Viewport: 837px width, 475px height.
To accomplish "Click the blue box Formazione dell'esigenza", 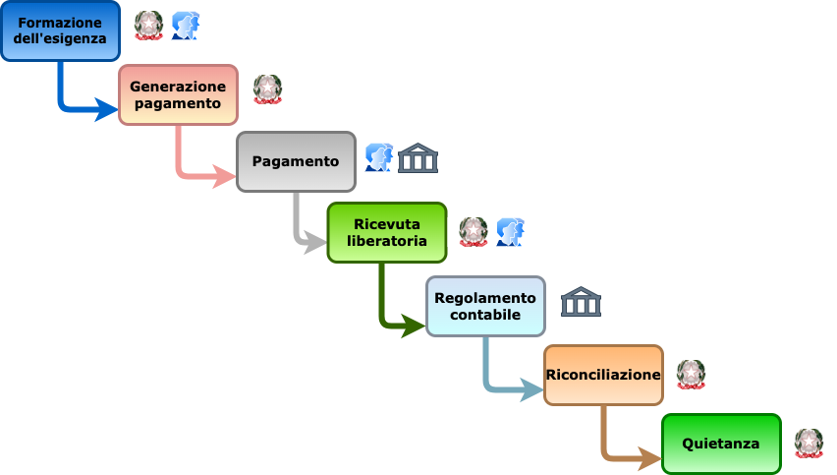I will pos(60,30).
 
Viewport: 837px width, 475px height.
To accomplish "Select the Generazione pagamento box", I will pos(178,94).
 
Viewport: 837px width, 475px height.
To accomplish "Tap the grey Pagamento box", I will pos(296,161).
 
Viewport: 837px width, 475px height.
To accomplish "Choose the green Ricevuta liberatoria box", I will pos(386,232).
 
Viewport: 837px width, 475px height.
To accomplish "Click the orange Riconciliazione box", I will pos(603,375).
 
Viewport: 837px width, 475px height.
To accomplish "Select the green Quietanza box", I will pos(721,444).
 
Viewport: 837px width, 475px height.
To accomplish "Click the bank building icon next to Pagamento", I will pos(418,157).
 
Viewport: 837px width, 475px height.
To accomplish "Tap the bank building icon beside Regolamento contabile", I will pos(581,301).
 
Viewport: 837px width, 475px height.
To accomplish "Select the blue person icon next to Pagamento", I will pos(378,157).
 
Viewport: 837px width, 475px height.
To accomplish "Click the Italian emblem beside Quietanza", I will pos(809,444).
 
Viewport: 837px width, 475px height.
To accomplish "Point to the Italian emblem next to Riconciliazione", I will pos(691,375).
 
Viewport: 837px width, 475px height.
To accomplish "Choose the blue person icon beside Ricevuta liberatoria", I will pos(510,232).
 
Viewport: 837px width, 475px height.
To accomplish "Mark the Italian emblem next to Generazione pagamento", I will pos(267,89).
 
